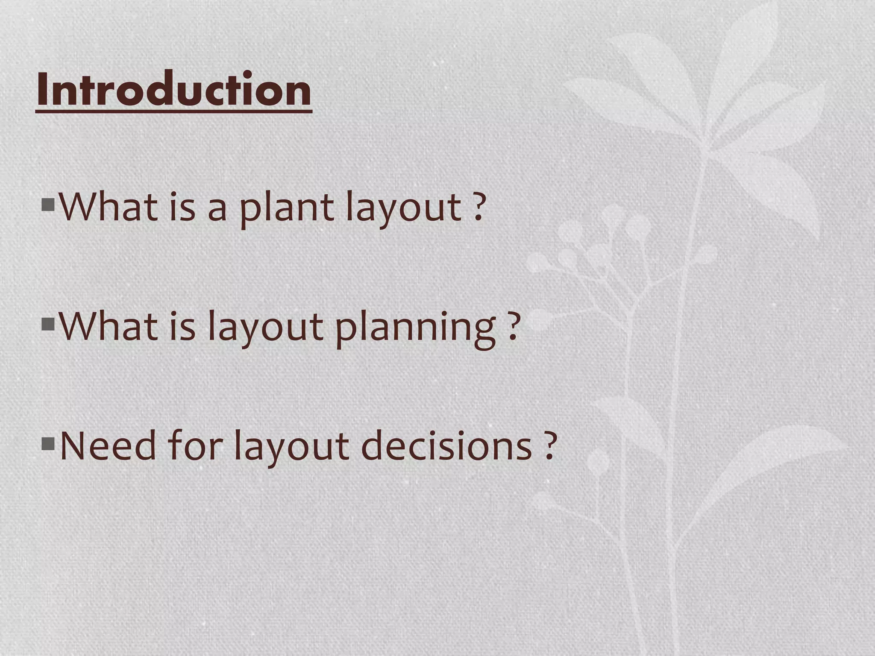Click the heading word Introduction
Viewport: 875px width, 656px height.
pyautogui.click(x=174, y=90)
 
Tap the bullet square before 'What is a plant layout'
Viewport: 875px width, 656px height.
pyautogui.click(x=48, y=205)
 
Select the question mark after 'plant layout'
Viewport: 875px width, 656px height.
pyautogui.click(x=480, y=208)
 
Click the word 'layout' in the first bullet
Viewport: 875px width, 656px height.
pyautogui.click(x=403, y=208)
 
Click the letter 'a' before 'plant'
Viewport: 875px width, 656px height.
pyautogui.click(x=217, y=210)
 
